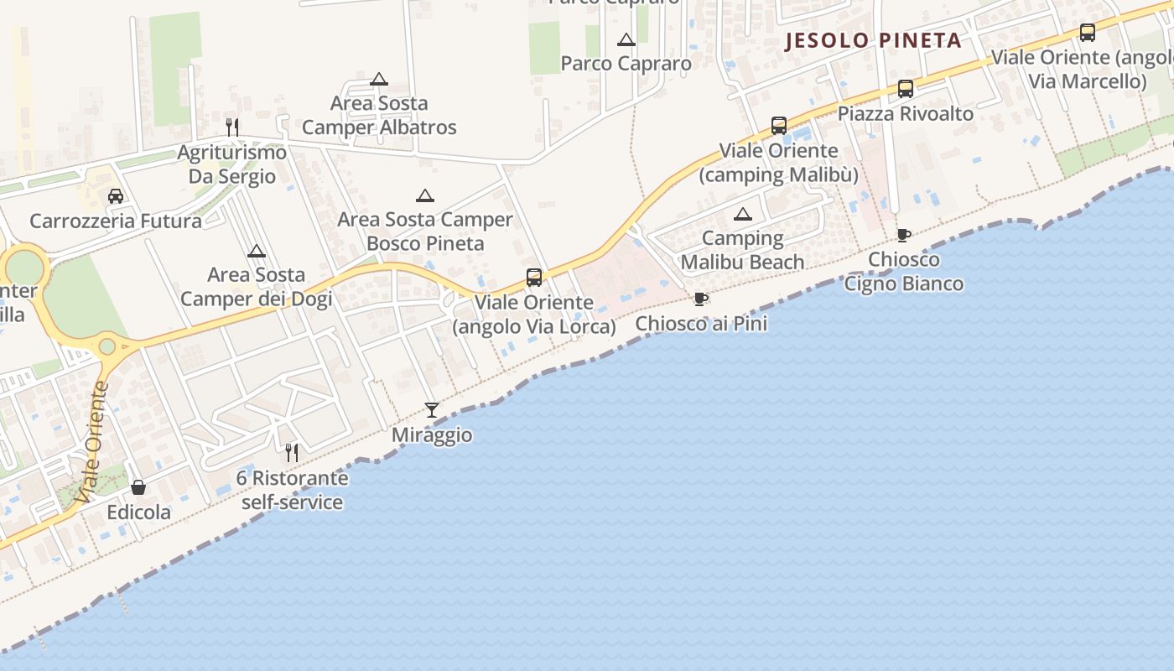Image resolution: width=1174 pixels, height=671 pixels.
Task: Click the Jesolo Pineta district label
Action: click(x=872, y=41)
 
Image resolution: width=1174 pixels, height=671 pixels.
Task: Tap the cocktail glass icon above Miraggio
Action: click(x=432, y=410)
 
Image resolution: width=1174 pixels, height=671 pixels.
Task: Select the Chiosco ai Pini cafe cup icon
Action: click(x=701, y=299)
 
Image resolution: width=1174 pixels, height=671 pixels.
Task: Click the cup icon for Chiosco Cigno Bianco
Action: click(x=903, y=235)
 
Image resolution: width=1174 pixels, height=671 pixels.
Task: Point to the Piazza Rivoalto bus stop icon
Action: click(x=906, y=89)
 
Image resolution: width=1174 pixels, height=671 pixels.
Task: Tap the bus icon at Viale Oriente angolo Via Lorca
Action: click(x=534, y=278)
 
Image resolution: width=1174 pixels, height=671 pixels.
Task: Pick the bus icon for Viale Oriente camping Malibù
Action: click(x=779, y=126)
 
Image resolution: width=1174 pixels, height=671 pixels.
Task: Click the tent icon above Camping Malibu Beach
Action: click(x=743, y=214)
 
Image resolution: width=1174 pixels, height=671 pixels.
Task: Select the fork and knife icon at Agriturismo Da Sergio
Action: click(x=232, y=127)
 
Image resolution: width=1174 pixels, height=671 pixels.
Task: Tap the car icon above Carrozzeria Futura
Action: click(x=116, y=196)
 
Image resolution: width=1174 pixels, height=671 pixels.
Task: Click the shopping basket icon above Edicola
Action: click(x=138, y=487)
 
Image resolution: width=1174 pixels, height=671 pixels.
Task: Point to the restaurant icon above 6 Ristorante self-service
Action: click(x=292, y=453)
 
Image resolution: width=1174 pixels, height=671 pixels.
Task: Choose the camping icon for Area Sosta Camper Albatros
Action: click(x=379, y=79)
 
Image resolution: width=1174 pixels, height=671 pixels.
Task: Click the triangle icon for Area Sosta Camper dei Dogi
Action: click(x=257, y=250)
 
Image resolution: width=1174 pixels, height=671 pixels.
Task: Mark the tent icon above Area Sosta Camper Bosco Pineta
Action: click(x=425, y=195)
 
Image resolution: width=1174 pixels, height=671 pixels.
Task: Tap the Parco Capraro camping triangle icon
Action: click(x=626, y=39)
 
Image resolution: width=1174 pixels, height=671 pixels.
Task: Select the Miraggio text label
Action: click(x=432, y=435)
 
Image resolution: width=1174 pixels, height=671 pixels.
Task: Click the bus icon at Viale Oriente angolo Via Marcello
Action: click(x=1088, y=33)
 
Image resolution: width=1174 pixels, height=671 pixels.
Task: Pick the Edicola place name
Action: click(x=138, y=512)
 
